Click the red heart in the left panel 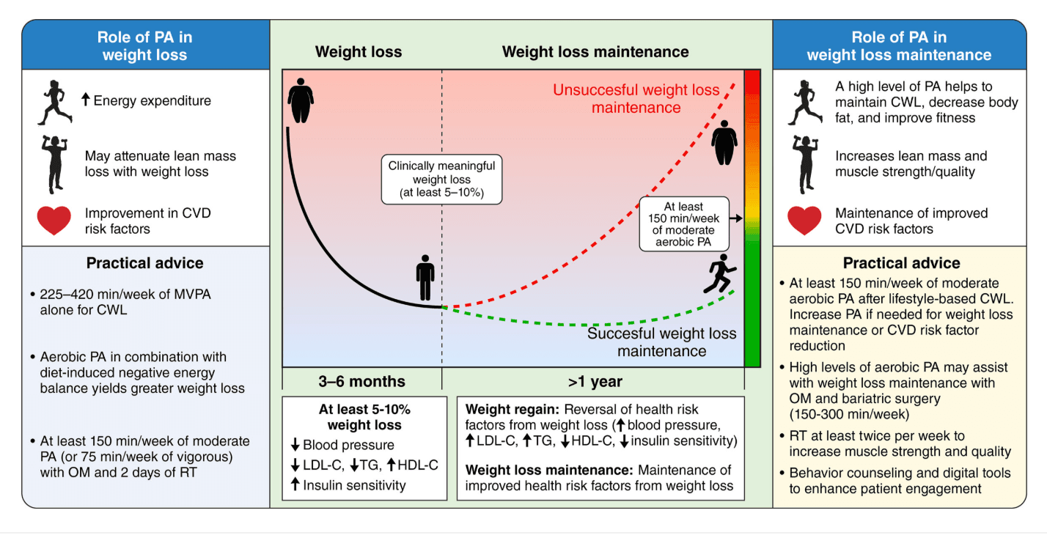[x=54, y=220]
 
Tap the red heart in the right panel [x=804, y=220]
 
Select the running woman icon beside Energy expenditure [x=55, y=103]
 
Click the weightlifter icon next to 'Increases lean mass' [x=805, y=164]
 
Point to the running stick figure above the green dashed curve [x=720, y=274]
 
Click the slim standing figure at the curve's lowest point [x=425, y=278]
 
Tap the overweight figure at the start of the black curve [x=301, y=100]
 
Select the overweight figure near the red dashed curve [x=724, y=142]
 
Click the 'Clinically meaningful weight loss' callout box [x=441, y=180]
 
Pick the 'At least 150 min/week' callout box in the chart [x=684, y=224]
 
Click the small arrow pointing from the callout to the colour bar [x=736, y=218]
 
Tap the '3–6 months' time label [x=361, y=381]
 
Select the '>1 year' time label [x=595, y=382]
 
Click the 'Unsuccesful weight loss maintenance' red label [x=636, y=99]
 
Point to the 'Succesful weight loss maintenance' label [x=661, y=342]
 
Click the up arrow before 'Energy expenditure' [x=85, y=99]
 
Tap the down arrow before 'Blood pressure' [x=295, y=444]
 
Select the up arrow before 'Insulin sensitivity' [x=295, y=484]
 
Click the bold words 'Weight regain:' [x=513, y=409]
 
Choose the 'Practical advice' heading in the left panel [x=145, y=263]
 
